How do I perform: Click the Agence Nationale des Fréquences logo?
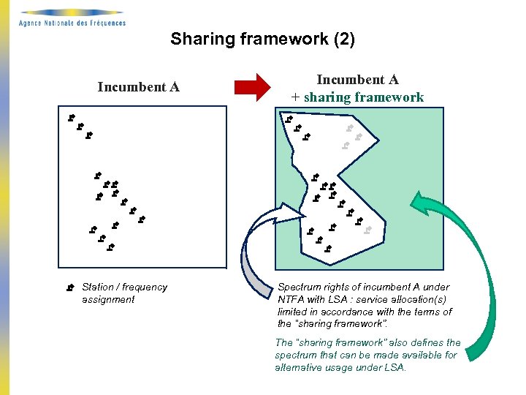(72, 18)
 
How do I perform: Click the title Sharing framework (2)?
(262, 39)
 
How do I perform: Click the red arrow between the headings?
(252, 88)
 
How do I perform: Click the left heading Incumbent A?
(138, 87)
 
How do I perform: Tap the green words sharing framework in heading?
(363, 97)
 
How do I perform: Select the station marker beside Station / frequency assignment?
(71, 287)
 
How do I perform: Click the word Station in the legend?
(97, 287)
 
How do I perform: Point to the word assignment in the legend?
(108, 299)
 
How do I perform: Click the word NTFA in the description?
(292, 299)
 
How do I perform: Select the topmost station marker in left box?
(71, 117)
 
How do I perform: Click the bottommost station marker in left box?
(110, 247)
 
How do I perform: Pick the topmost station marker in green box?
(289, 118)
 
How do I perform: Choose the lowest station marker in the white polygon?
(328, 249)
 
